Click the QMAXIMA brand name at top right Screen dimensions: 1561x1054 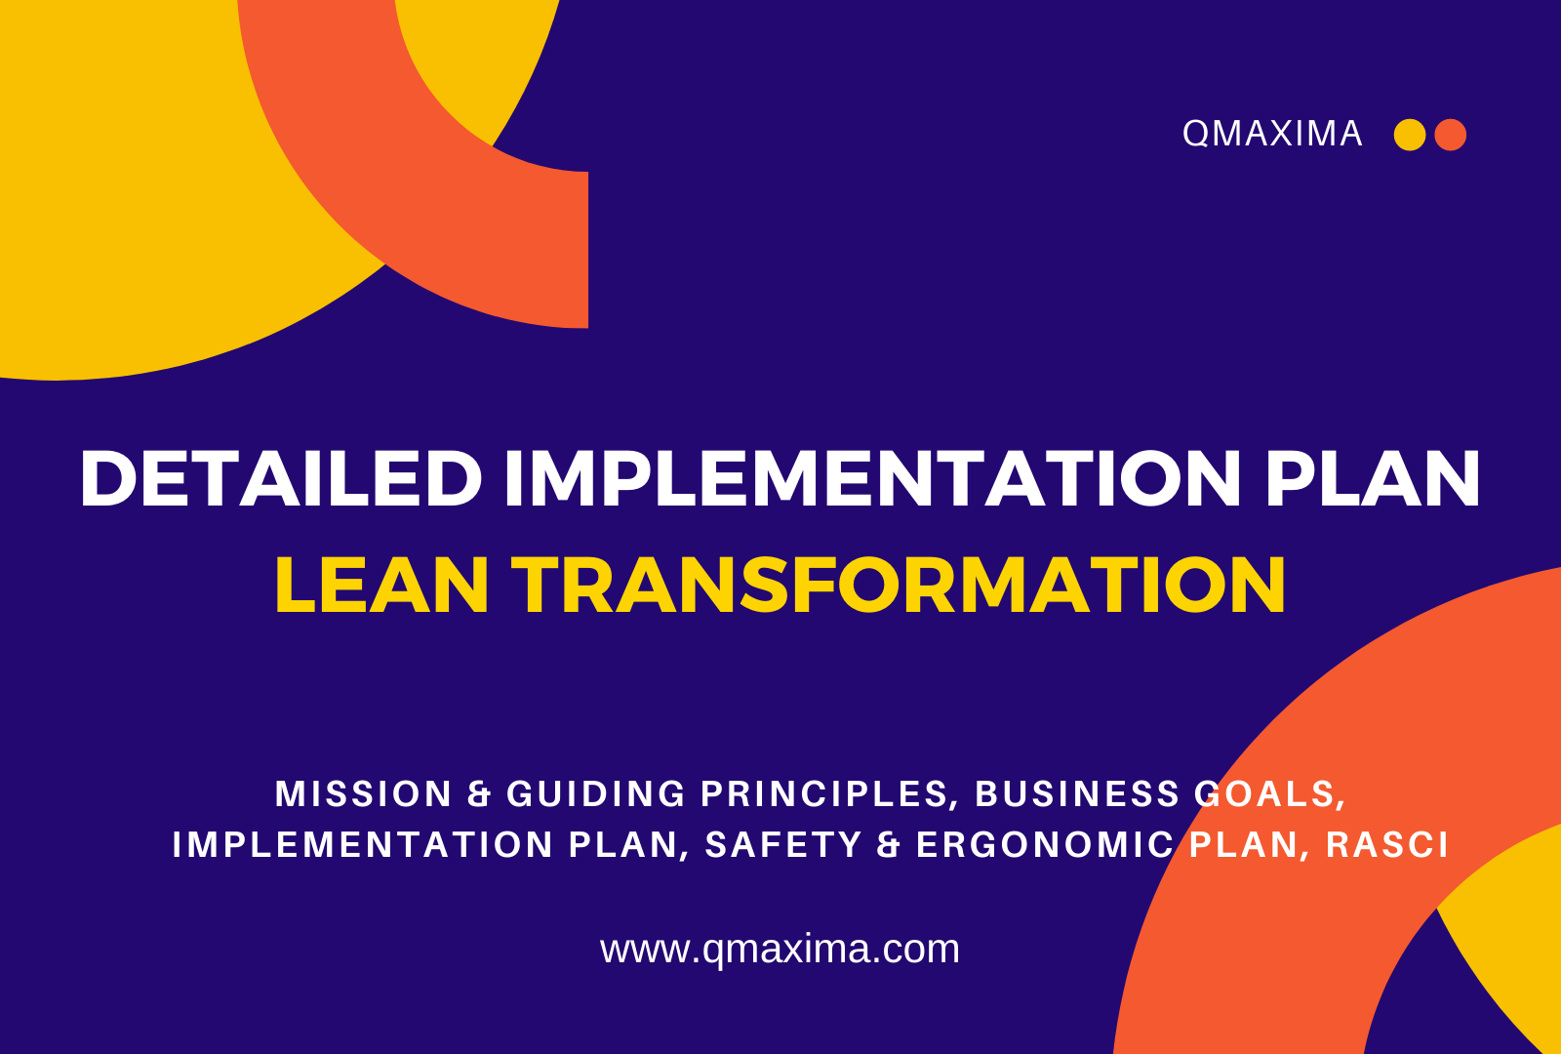tap(1272, 134)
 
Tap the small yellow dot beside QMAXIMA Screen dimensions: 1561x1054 tap(1409, 135)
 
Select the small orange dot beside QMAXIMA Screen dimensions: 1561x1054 tap(1450, 135)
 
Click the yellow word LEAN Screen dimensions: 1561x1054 tap(381, 585)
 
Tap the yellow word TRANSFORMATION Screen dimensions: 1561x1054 tap(899, 585)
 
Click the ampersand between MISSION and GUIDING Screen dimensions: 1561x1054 tap(479, 794)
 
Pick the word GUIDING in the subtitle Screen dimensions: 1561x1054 tap(596, 794)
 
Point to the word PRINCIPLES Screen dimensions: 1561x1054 tap(825, 795)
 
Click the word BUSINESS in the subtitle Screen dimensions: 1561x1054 tap(1077, 794)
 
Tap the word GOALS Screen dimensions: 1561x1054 tap(1269, 795)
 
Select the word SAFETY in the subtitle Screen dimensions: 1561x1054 tap(784, 845)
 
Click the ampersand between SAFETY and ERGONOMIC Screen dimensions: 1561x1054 tap(889, 845)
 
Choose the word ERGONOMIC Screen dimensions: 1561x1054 tap(1045, 845)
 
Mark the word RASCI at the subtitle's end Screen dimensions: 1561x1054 tap(1387, 845)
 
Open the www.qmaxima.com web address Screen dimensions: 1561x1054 tap(780, 950)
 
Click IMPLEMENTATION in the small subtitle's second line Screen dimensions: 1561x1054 tap(362, 845)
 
